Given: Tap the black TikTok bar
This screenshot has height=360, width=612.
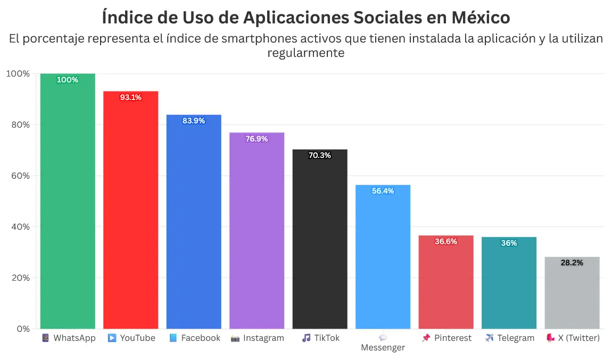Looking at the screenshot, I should click(x=320, y=239).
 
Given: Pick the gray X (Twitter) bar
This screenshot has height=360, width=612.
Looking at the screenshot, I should click(x=572, y=293).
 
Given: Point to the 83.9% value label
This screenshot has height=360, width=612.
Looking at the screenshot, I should click(x=194, y=121).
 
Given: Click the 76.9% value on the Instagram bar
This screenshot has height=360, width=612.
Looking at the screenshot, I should click(x=257, y=139).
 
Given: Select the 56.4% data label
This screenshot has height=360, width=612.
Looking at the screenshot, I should click(x=383, y=191).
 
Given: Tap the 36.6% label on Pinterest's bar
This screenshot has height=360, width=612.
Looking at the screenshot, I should click(x=446, y=241).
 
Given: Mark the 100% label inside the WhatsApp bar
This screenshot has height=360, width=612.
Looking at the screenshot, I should click(x=68, y=80).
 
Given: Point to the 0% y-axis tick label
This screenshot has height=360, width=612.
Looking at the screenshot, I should click(x=23, y=329).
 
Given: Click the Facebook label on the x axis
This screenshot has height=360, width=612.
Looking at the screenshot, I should click(x=201, y=338).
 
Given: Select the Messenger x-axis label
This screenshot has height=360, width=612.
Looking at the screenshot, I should click(x=383, y=348).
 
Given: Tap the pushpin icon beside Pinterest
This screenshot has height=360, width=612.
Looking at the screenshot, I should click(x=426, y=338).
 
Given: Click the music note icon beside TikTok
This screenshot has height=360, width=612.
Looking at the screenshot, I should click(x=306, y=338).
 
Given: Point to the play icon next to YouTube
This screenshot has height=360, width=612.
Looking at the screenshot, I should click(x=112, y=338).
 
